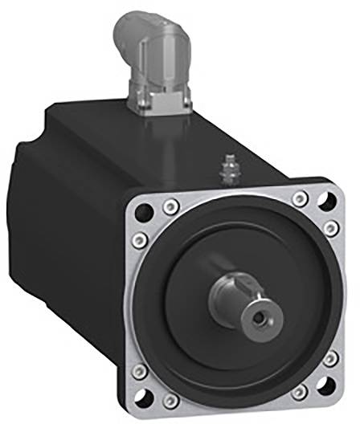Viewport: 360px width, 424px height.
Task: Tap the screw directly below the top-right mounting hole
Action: click(x=330, y=230)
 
